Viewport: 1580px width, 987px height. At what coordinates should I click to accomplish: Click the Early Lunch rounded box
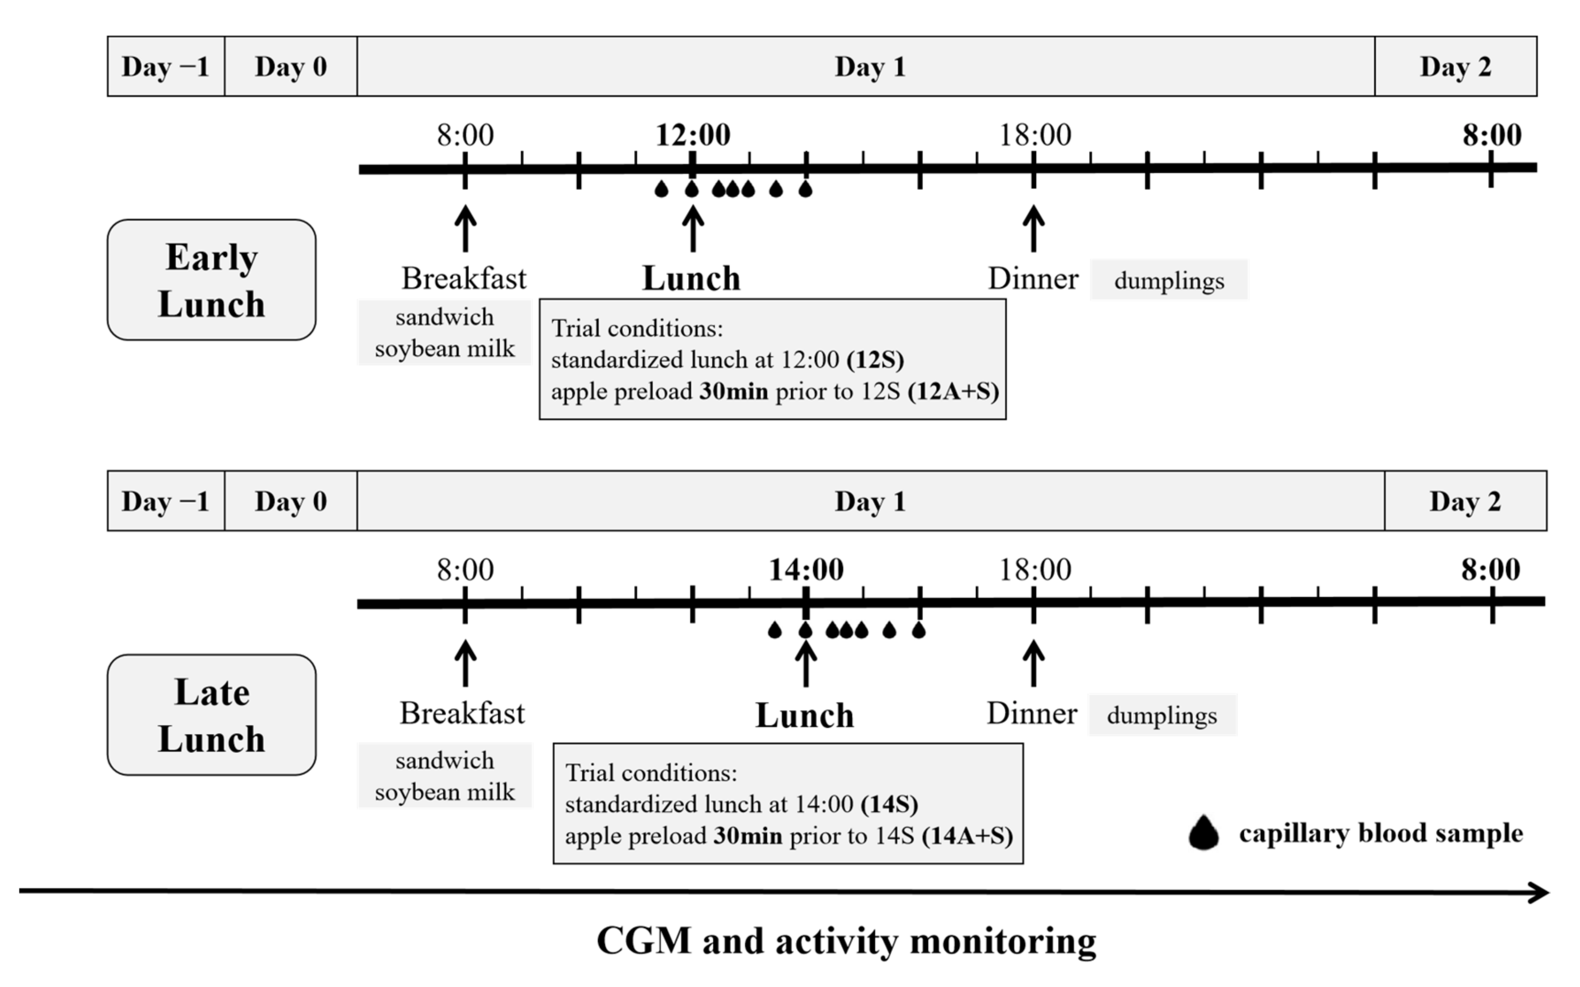[x=211, y=280]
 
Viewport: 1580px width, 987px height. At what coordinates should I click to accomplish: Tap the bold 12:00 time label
[x=693, y=135]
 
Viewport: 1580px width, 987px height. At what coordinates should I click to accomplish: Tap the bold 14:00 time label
[x=806, y=570]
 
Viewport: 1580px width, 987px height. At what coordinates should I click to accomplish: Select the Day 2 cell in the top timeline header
[x=1456, y=66]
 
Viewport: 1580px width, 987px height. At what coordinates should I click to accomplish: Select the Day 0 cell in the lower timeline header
[x=291, y=501]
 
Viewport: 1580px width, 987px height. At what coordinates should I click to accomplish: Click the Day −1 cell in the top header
[x=166, y=66]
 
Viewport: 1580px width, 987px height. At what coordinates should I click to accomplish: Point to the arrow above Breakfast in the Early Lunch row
[x=465, y=228]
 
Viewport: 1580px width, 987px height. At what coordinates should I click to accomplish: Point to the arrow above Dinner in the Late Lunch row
[x=1033, y=663]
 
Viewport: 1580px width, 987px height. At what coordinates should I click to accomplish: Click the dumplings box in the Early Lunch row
[x=1169, y=281]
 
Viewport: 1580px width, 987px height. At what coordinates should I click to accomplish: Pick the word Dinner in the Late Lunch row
[x=1032, y=714]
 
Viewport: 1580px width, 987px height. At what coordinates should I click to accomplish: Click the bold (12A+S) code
[x=953, y=391]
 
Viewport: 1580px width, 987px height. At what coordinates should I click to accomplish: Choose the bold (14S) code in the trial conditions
[x=889, y=804]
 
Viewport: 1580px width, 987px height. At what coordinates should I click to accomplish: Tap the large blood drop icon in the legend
[x=1203, y=834]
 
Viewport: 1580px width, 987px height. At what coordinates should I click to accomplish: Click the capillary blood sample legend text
[x=1381, y=834]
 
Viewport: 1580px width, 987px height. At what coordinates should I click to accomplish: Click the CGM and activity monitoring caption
[x=846, y=941]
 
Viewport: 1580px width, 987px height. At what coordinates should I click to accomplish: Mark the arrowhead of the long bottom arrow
[x=1540, y=892]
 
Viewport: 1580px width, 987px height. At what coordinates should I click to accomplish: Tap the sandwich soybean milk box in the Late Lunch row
[x=444, y=776]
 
